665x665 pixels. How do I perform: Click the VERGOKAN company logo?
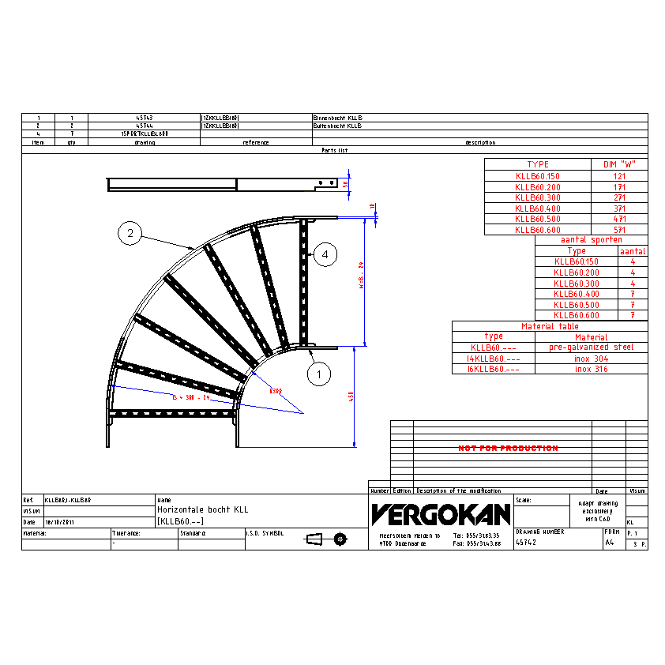pos(441,514)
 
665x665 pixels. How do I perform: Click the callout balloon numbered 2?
pos(130,233)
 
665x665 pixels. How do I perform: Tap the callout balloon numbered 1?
pos(318,374)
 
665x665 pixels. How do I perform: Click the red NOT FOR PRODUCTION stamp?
pos(508,448)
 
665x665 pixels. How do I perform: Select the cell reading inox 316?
pos(592,369)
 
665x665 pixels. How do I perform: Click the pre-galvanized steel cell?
pos(592,348)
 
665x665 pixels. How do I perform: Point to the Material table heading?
pos(550,326)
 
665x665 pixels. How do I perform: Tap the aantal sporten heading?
pos(591,239)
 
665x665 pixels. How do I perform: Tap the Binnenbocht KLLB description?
pos(337,118)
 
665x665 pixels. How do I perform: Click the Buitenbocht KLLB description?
pos(337,126)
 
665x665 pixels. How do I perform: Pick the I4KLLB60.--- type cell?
pos(494,359)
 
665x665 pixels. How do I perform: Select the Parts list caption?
pos(334,150)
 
